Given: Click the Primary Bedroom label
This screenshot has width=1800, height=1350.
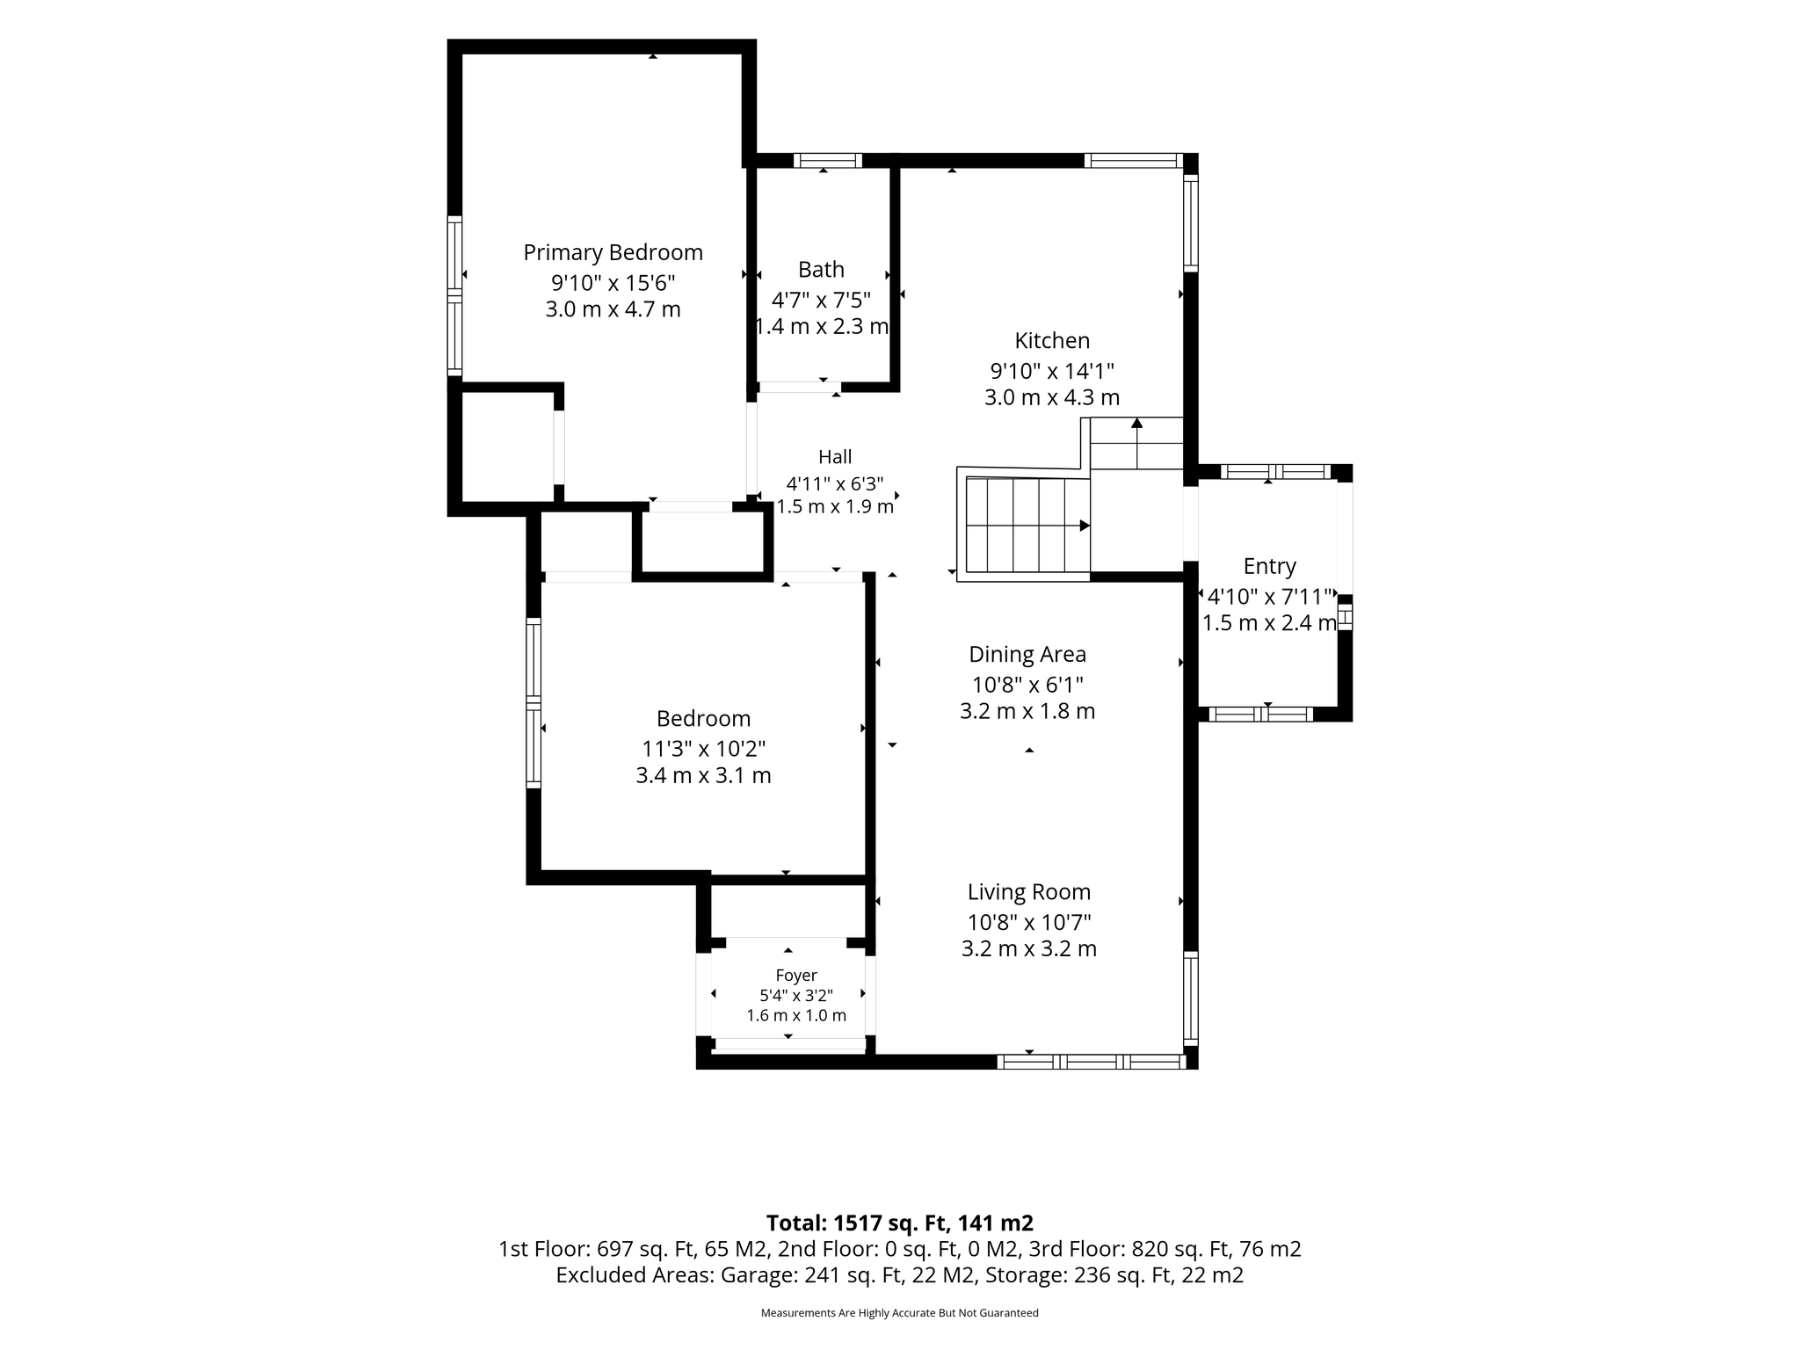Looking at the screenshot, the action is point(613,253).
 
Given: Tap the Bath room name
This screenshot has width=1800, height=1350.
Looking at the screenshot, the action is point(821,270).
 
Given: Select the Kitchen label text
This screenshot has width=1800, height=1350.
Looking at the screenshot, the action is point(1052,341).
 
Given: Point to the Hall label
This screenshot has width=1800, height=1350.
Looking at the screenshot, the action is point(835,457).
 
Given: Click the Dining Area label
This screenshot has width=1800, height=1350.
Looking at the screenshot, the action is point(1027,655).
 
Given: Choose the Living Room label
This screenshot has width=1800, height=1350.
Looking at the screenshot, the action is point(1029,893).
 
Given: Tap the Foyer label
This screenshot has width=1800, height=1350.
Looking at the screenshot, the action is point(796,976).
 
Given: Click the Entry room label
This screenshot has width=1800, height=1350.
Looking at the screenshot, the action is point(1270,567).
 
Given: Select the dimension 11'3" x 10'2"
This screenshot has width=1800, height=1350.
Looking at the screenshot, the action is point(704,749).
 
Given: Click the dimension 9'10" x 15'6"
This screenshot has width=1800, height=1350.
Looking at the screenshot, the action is point(613,283).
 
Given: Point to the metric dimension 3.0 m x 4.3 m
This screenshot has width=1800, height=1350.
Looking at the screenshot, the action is point(1052,397).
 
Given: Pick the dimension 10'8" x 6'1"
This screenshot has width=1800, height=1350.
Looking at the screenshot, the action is point(1027,685).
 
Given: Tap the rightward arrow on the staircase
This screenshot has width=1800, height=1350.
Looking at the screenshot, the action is point(1028,526).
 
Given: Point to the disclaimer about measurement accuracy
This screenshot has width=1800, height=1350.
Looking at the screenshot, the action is point(899,1313).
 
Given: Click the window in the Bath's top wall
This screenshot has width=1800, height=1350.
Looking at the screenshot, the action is point(828,161).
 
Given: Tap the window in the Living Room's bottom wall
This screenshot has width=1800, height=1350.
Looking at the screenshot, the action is point(1092,1062).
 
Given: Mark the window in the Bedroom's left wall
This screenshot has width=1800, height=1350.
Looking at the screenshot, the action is point(533,702).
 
